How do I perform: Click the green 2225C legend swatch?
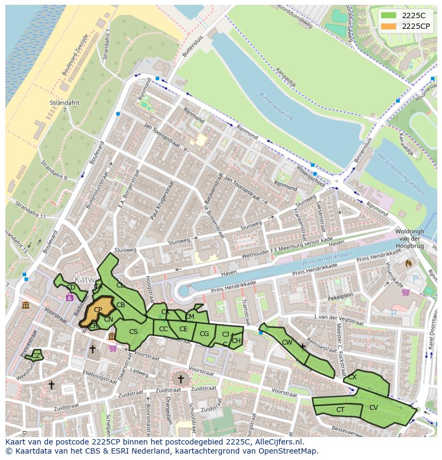click(x=389, y=16)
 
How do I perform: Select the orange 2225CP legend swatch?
click(x=389, y=26)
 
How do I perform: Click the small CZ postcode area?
click(x=36, y=355)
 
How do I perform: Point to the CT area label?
click(x=340, y=410)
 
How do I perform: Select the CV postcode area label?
click(x=374, y=408)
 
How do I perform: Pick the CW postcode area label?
click(x=287, y=342)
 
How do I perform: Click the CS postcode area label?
click(x=133, y=332)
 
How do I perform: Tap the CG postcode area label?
click(x=204, y=334)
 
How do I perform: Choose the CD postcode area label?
click(x=70, y=287)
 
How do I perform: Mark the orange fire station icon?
click(x=409, y=263)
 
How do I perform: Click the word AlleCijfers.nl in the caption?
click(x=277, y=442)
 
